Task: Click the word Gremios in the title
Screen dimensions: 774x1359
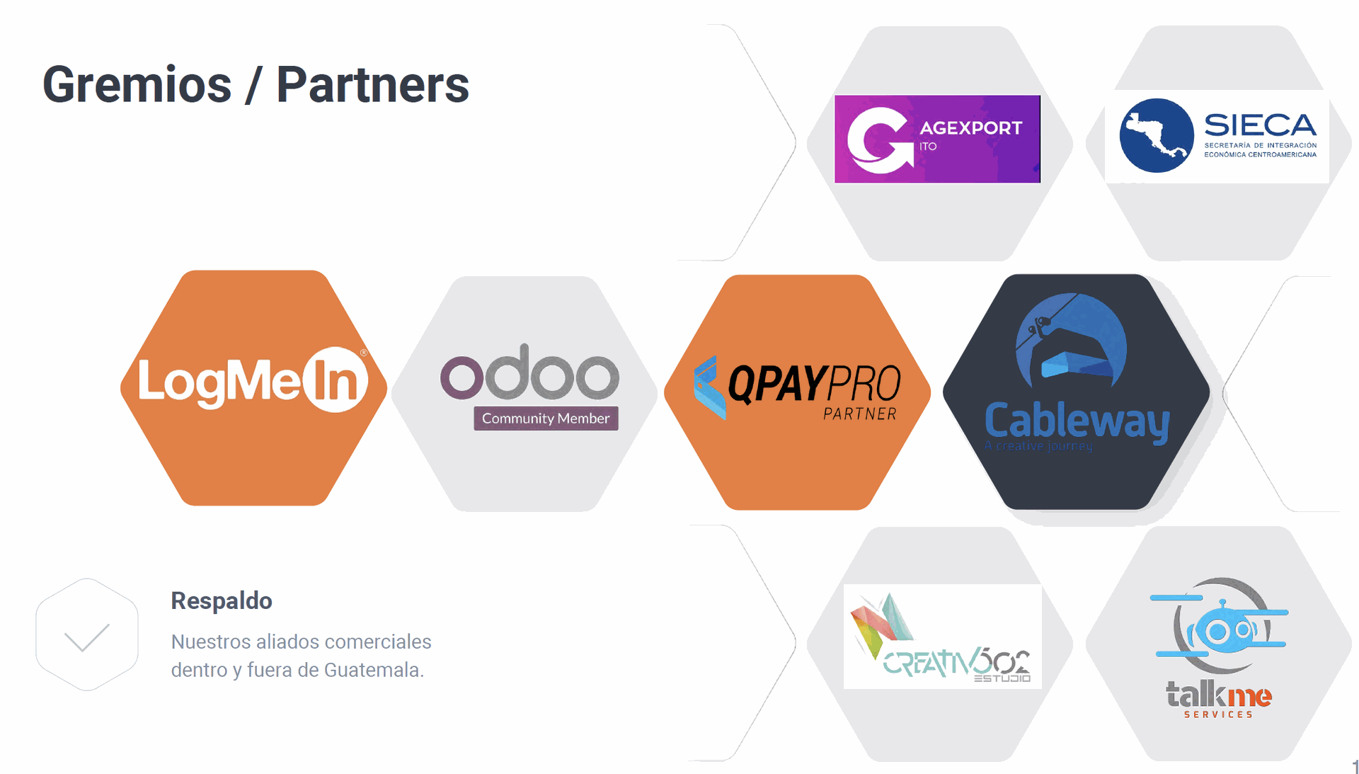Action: click(x=137, y=85)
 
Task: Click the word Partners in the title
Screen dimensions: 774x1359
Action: click(x=372, y=85)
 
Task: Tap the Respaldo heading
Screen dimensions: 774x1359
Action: click(x=222, y=601)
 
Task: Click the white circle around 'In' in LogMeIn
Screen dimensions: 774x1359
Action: click(x=336, y=380)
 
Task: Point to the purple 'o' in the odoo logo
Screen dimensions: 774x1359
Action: click(x=461, y=377)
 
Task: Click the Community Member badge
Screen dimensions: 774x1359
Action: click(x=546, y=419)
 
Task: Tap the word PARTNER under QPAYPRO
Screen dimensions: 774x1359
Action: click(x=860, y=414)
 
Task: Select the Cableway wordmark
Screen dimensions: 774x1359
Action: click(x=1077, y=421)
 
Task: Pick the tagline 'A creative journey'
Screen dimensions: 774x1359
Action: click(x=1038, y=446)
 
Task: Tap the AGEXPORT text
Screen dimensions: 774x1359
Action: click(x=970, y=128)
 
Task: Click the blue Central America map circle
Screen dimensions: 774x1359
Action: click(x=1157, y=135)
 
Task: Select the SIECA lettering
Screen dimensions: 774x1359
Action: click(x=1260, y=125)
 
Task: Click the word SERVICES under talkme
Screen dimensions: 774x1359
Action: click(x=1219, y=715)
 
